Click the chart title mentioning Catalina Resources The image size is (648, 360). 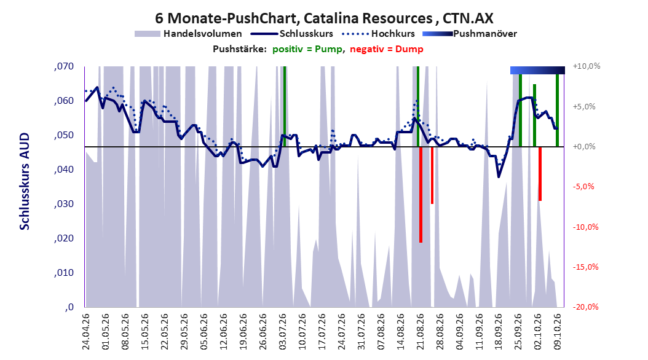coord(324,18)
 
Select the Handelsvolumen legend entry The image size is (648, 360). coord(188,34)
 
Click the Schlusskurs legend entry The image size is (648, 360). coord(292,34)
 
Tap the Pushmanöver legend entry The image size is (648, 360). coord(470,34)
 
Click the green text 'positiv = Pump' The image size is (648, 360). coord(307,49)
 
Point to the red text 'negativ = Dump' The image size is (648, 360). coord(387,49)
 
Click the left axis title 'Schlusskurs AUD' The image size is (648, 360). coord(25,181)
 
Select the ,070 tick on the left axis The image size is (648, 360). coord(64,66)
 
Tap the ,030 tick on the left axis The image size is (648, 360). coord(64,204)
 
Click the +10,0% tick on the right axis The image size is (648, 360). coord(587,66)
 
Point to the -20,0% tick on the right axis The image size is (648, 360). coord(585,307)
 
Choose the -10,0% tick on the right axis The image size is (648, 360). coord(585,227)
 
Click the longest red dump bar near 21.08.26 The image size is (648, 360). coord(421,195)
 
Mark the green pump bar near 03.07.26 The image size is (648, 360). coord(284,106)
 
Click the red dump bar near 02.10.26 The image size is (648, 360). coord(540,174)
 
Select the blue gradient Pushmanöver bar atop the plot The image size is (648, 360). coord(537,70)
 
